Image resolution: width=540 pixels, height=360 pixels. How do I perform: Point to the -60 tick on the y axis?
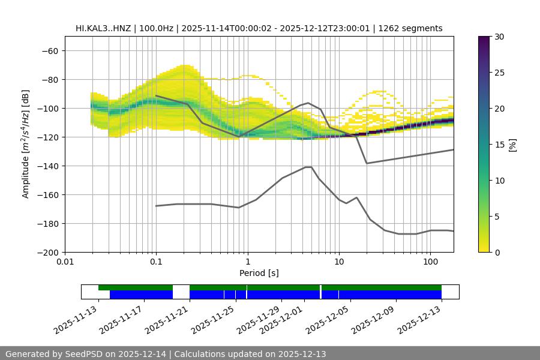(50, 50)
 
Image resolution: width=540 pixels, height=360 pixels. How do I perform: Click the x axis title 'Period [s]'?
(259, 274)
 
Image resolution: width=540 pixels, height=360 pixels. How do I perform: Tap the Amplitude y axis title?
(26, 144)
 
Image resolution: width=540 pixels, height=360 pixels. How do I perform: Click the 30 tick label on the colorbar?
(499, 37)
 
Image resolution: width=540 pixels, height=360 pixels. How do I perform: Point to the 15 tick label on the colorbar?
(499, 145)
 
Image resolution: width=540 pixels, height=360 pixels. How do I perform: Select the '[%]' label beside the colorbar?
(512, 145)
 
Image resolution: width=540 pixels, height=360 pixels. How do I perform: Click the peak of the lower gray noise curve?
(308, 167)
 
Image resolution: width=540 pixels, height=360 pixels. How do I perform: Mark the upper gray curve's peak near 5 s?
(308, 103)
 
